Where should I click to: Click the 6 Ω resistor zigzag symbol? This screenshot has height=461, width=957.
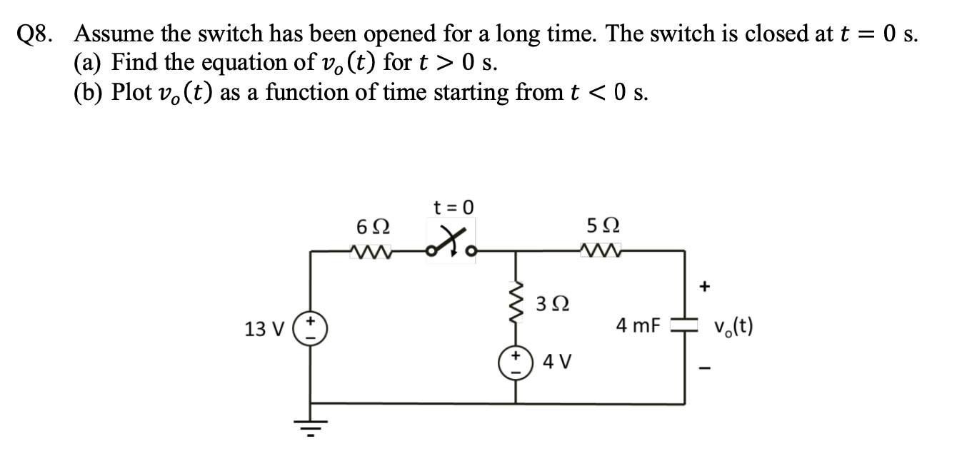tap(372, 250)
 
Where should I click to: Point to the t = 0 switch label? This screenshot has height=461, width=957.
tap(454, 208)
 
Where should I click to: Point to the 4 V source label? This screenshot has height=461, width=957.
tap(554, 362)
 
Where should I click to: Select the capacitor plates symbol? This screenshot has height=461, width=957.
tap(683, 326)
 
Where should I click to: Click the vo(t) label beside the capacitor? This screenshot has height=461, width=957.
tap(733, 327)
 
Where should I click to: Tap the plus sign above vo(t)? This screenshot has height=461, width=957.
tap(706, 286)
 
